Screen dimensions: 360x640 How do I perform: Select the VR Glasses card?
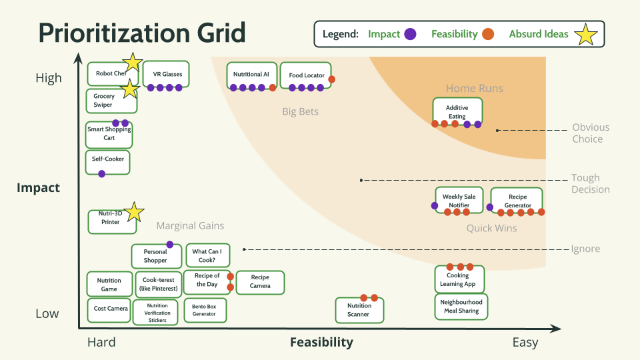166,74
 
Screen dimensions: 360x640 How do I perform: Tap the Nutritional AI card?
251,75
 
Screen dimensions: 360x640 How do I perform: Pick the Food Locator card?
305,75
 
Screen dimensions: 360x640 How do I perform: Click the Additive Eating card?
457,111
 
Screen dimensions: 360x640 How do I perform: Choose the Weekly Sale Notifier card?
459,201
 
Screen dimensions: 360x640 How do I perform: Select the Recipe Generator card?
517,201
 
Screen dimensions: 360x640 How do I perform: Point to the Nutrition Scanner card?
359,310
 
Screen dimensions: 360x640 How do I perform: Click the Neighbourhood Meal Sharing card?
461,306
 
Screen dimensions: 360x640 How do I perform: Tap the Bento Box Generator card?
204,310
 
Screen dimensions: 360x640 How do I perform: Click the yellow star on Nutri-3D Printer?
135,212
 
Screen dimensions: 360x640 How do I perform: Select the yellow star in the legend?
585,35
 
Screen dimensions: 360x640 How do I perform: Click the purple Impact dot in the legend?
411,34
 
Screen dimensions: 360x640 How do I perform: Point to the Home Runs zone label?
475,89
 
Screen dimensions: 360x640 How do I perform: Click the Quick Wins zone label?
491,229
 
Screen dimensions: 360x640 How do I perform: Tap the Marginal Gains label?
190,226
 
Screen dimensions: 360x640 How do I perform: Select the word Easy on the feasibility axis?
525,343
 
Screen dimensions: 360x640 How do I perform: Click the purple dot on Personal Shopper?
170,245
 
